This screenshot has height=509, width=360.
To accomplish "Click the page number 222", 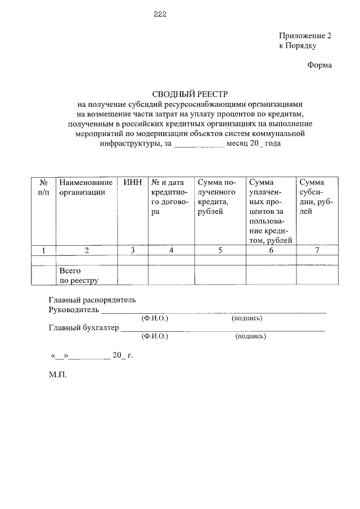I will click(160, 14).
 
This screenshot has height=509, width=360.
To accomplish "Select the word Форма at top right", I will click(319, 65).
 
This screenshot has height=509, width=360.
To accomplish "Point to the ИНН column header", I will click(132, 182).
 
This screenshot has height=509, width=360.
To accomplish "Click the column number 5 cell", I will click(220, 251).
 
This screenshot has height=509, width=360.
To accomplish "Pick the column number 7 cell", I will click(317, 251).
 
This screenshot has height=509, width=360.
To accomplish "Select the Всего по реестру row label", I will click(78, 275).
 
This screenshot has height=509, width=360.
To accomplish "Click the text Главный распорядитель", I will click(92, 300).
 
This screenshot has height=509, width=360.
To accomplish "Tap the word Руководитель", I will click(74, 309).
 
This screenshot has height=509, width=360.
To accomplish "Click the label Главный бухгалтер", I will click(83, 328).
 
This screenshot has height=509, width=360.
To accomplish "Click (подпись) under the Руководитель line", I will click(247, 318).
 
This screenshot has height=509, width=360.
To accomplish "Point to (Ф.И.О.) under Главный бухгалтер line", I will click(155, 336).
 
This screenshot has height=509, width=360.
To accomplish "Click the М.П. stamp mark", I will click(57, 373).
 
